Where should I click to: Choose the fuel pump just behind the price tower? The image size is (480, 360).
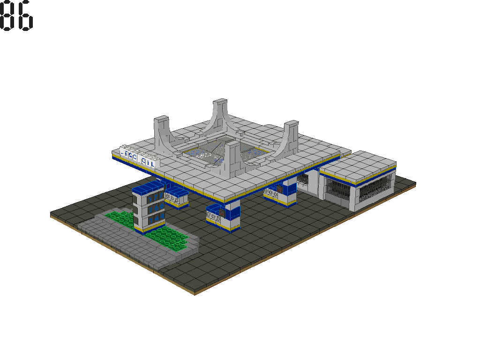pyautogui.click(x=176, y=197)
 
